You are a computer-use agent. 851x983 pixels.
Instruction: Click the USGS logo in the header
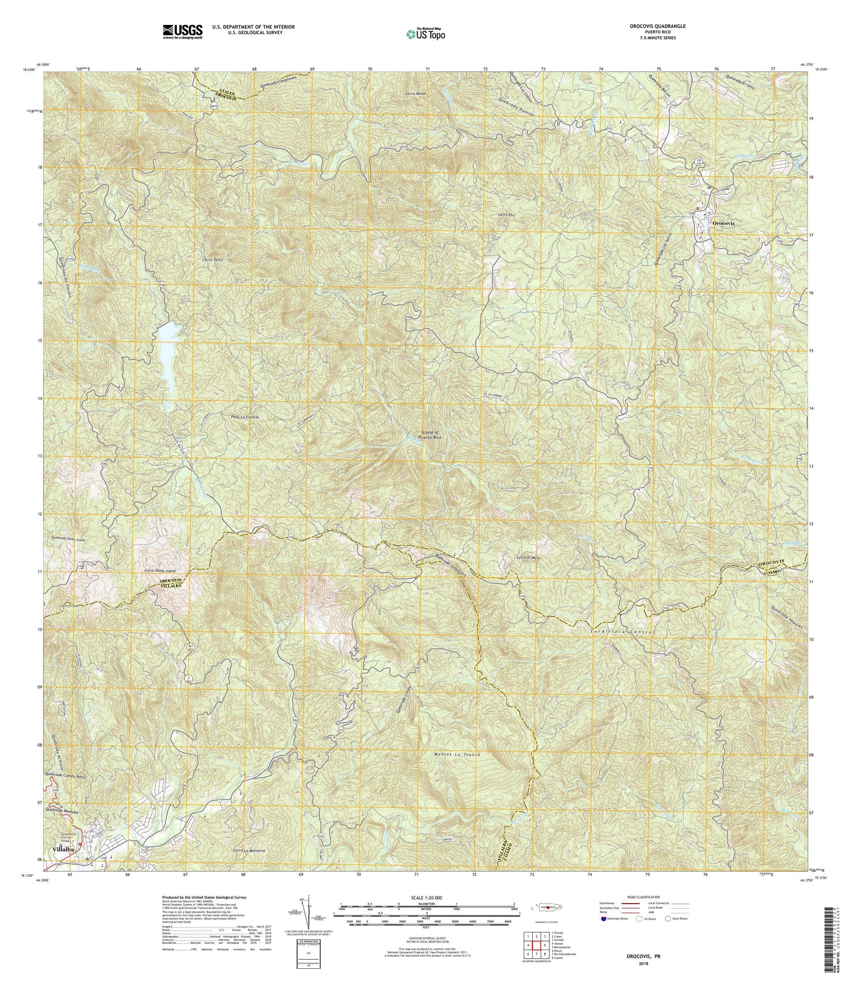click(x=182, y=31)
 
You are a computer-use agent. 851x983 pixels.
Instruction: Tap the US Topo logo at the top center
click(x=425, y=34)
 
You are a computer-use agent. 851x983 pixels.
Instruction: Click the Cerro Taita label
click(x=196, y=260)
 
